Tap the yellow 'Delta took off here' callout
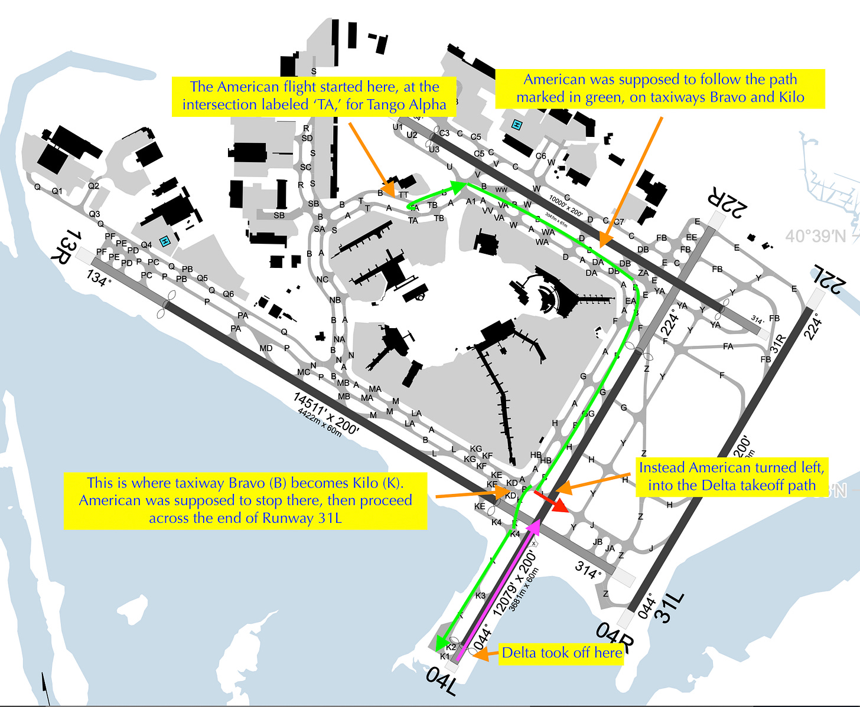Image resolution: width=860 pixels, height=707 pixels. (561, 653)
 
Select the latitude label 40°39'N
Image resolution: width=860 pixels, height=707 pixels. (815, 236)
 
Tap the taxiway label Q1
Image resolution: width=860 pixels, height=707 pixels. (57, 191)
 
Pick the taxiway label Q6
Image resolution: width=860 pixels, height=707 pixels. (228, 294)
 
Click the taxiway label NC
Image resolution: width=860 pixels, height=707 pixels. (322, 279)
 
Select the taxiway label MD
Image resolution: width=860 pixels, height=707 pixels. (266, 348)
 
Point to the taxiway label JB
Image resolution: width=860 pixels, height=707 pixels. (598, 542)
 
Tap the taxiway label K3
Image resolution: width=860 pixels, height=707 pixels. (480, 595)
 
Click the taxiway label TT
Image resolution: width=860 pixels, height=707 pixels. (403, 195)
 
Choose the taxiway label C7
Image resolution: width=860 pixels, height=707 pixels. (618, 222)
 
